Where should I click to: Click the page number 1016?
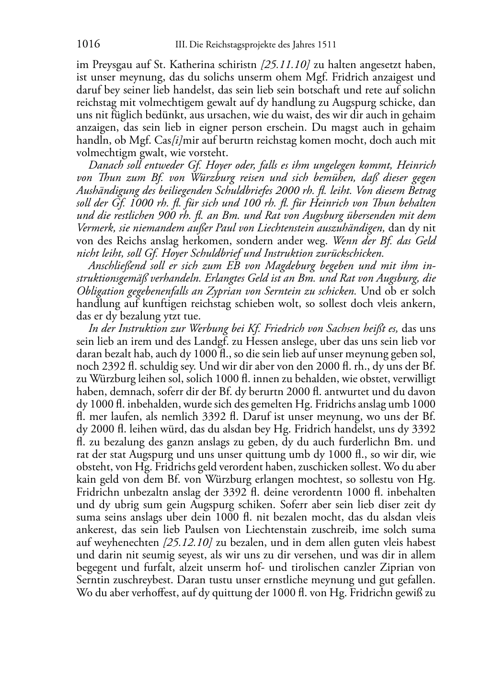tap(88, 45)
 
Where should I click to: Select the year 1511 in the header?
tap(326, 45)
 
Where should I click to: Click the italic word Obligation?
tap(98, 291)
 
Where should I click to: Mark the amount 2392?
tap(107, 366)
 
